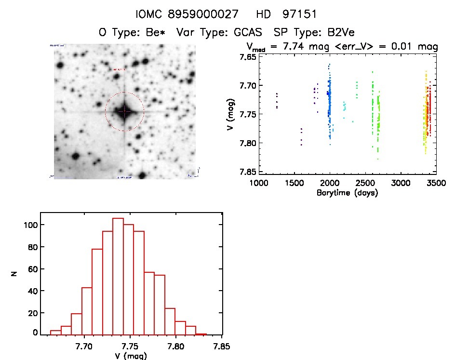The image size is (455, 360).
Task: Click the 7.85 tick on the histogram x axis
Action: tap(221, 346)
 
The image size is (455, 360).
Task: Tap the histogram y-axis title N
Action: tap(14, 273)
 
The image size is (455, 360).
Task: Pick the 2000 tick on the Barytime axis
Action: tap(330, 184)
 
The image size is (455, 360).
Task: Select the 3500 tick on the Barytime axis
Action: tap(436, 184)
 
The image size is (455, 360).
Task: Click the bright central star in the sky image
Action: tap(124, 111)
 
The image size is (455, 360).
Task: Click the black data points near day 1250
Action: tap(277, 101)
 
